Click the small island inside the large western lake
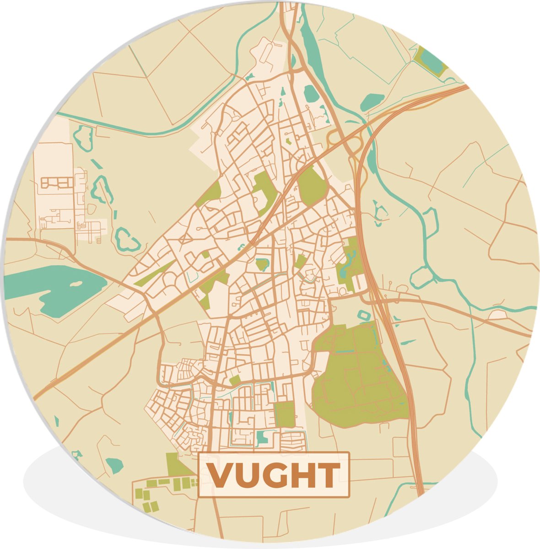(73, 284)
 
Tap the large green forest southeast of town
(357, 380)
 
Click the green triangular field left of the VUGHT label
(176, 464)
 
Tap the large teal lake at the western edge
(50, 288)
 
